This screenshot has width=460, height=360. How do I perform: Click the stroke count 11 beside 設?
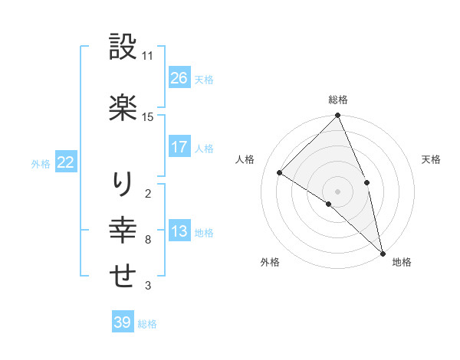coord(148,56)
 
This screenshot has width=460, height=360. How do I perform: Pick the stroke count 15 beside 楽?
coord(148,116)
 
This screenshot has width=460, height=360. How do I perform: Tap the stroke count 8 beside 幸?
coord(147,240)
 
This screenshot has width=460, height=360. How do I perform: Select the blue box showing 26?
coord(179,77)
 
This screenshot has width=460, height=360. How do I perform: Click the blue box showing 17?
coord(179,147)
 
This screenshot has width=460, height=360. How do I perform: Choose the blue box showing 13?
coord(179,231)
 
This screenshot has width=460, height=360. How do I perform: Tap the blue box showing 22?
coord(65,162)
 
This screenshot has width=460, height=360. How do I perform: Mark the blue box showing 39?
coord(122,322)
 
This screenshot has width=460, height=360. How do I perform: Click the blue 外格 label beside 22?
coord(41,163)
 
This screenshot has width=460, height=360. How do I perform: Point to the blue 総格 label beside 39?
coord(147,323)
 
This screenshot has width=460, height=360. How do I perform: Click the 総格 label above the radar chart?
coord(337,100)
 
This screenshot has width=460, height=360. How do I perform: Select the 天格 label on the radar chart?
coord(432,159)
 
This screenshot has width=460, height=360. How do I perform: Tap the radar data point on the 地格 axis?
coord(383,252)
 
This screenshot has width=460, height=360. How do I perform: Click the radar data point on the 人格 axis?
coord(280,172)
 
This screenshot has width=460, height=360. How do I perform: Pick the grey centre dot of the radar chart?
coord(337,191)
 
